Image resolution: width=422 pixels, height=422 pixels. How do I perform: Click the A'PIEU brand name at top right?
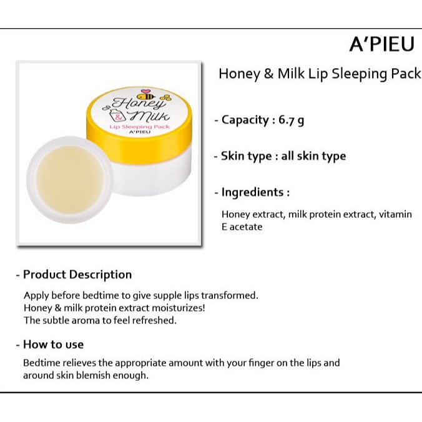pos(381,44)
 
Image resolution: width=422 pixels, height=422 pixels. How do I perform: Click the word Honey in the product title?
pos(239,74)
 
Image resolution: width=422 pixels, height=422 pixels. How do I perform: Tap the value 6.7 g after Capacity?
pos(291,120)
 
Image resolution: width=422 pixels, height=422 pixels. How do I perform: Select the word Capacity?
pos(245,120)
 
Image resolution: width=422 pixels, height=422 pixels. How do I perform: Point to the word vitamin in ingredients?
pos(395,214)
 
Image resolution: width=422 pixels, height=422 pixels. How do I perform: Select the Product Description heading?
pos(77,275)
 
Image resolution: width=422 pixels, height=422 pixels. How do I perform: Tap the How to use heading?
pos(53,345)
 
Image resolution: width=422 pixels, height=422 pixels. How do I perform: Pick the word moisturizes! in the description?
pos(178,308)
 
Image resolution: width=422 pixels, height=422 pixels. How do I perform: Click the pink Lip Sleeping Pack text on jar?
pos(139,127)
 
